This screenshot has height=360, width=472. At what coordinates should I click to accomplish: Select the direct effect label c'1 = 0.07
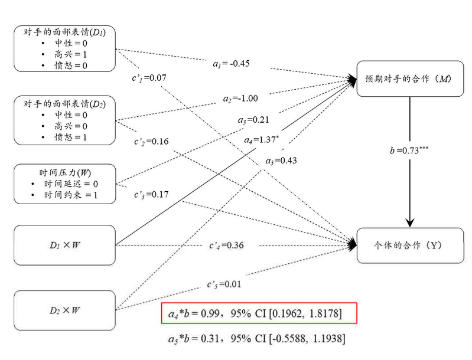tap(149, 77)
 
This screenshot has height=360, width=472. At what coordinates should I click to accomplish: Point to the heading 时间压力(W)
tap(65, 172)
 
